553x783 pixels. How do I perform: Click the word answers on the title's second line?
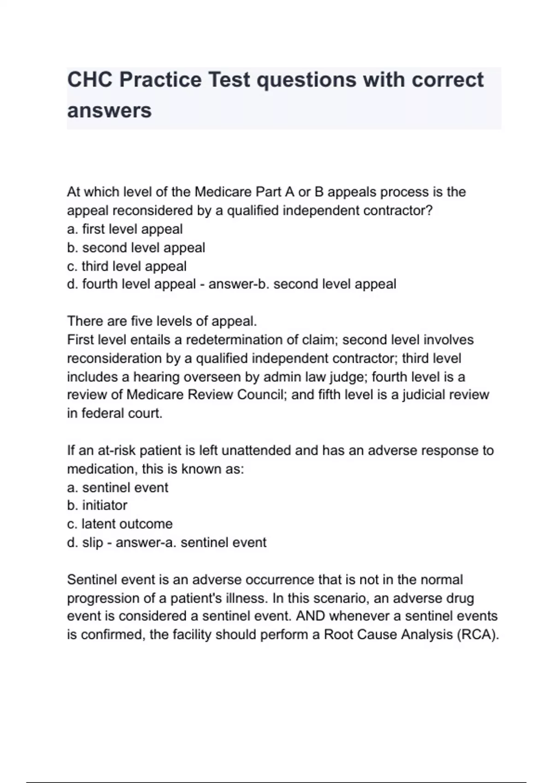coord(109,111)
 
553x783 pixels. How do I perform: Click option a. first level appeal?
coord(125,229)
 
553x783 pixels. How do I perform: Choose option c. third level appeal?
coord(127,266)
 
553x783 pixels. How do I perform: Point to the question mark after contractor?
coord(430,210)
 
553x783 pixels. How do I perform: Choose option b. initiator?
coord(97,505)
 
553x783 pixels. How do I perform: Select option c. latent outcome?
coord(120,524)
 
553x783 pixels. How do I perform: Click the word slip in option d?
coord(92,543)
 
